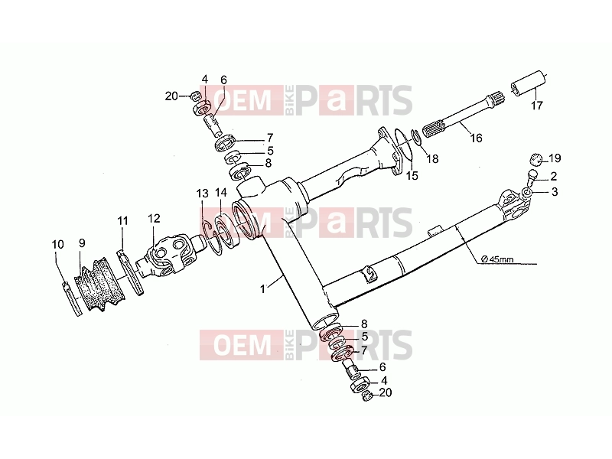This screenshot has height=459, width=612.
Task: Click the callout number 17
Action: tap(537, 105)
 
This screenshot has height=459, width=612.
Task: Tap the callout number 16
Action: tap(476, 138)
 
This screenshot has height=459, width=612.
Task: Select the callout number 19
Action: tap(555, 158)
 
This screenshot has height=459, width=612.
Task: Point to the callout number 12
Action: tap(155, 218)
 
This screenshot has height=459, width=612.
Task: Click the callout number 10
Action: tap(58, 244)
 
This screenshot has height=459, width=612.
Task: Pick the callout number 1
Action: tap(262, 289)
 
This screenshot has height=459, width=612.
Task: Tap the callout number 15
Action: tap(412, 176)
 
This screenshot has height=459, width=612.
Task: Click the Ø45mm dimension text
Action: tap(497, 259)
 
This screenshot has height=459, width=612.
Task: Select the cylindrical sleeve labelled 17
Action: tap(528, 83)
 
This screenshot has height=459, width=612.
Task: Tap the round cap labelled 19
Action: tap(536, 160)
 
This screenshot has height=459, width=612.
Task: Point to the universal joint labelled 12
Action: tap(167, 256)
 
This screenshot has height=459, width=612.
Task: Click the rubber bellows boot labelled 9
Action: tap(97, 283)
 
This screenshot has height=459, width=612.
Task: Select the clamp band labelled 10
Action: tap(73, 298)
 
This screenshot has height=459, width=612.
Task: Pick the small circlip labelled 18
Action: tap(417, 137)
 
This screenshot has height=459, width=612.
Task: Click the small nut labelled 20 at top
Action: tap(196, 95)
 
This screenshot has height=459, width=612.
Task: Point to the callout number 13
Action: tap(202, 194)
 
